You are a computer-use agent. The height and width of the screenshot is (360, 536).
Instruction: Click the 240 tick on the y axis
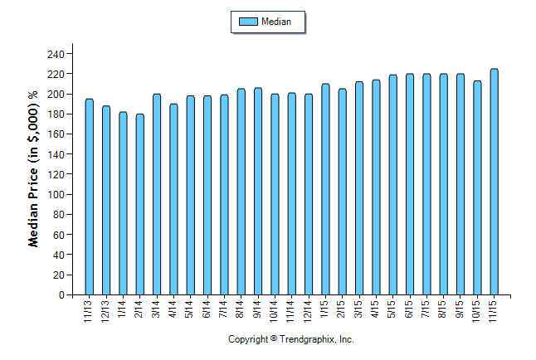click(56, 54)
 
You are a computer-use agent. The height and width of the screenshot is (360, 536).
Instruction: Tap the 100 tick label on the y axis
click(56, 195)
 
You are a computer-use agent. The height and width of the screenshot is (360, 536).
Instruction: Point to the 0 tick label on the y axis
click(61, 295)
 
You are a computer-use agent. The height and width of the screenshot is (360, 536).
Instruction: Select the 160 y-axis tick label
click(56, 134)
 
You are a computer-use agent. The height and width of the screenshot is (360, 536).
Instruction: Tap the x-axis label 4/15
click(376, 309)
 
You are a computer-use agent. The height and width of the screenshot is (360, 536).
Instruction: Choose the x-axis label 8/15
click(443, 309)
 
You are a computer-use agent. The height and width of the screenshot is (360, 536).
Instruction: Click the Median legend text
click(275, 21)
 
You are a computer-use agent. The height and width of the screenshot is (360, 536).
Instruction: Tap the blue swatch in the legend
click(247, 21)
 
